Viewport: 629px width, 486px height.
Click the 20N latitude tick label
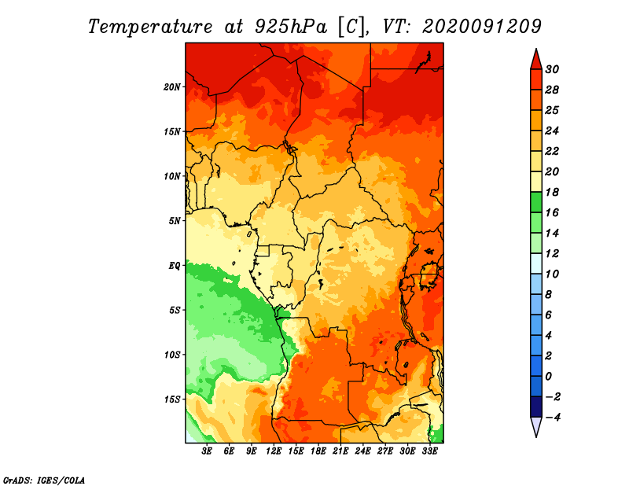point(173,87)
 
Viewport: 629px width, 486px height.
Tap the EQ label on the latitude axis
point(175,265)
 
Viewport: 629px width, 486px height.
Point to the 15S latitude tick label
point(173,399)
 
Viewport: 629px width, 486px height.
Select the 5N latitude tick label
point(175,220)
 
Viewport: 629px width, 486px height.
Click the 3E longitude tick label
point(208,451)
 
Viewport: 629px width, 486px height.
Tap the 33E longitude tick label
point(430,451)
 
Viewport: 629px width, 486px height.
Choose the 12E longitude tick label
point(274,451)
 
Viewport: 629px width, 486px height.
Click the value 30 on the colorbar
point(562,69)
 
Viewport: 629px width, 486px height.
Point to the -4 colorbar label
point(562,417)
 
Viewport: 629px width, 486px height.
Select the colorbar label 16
point(562,212)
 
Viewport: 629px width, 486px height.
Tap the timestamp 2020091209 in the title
point(482,26)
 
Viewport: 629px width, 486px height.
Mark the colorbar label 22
point(562,151)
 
